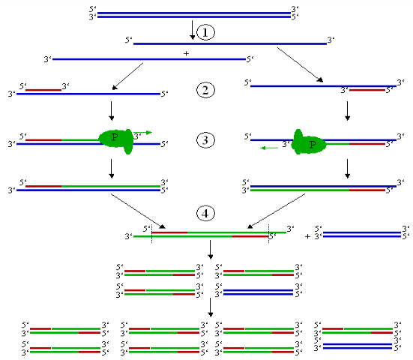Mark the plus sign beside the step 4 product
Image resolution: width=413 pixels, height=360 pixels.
tap(307, 235)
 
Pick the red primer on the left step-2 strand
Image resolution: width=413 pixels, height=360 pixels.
tap(43, 91)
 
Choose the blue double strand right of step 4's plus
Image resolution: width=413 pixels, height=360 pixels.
tap(362, 234)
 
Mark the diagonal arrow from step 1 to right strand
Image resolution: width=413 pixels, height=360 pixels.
tap(300, 63)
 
